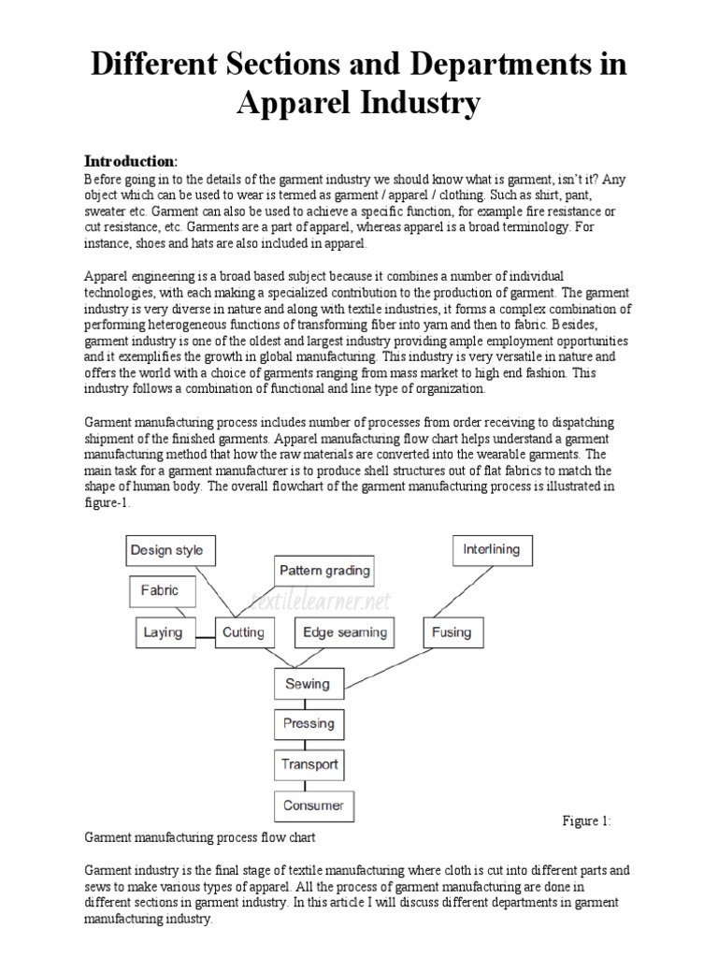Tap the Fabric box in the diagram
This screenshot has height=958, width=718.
point(160,590)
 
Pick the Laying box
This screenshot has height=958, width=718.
point(163,632)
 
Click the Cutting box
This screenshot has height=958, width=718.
point(243,632)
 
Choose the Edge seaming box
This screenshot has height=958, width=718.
point(345,632)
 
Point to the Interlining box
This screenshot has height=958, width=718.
point(492,549)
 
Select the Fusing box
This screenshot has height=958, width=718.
point(452,632)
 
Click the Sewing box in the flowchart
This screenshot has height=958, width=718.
point(308,683)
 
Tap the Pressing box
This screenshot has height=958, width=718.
point(308,723)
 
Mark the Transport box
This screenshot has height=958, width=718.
point(309,763)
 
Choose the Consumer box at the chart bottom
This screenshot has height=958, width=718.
point(313,805)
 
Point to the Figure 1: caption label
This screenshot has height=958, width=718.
point(586,821)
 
